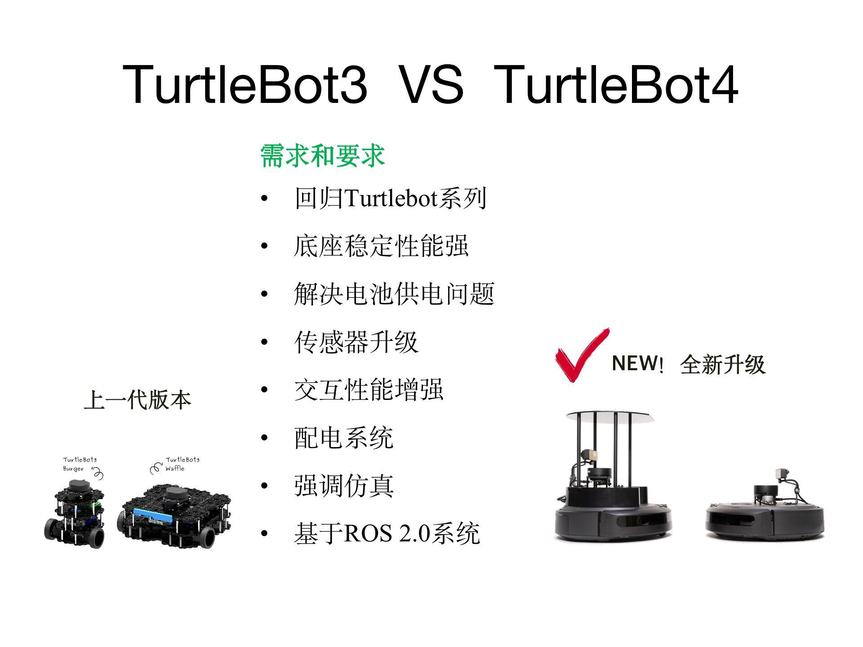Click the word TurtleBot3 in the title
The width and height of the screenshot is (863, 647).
coord(245,84)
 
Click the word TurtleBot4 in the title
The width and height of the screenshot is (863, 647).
coord(616,84)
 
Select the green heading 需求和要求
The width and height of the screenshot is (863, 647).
coord(322,156)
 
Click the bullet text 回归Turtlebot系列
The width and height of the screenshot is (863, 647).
coord(390,198)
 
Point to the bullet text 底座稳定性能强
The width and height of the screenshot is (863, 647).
coord(381,246)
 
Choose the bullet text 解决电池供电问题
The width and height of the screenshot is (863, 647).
coord(394,294)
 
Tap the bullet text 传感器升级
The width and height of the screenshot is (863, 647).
coord(356,342)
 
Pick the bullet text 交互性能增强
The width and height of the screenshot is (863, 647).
coord(369,390)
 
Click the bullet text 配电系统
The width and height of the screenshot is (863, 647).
coord(343,438)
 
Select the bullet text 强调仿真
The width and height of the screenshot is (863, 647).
coord(343,486)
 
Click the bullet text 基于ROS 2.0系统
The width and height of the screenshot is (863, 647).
coord(387,534)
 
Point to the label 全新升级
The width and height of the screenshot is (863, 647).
coord(722,364)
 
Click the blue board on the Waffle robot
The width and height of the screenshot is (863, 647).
coord(153,515)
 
